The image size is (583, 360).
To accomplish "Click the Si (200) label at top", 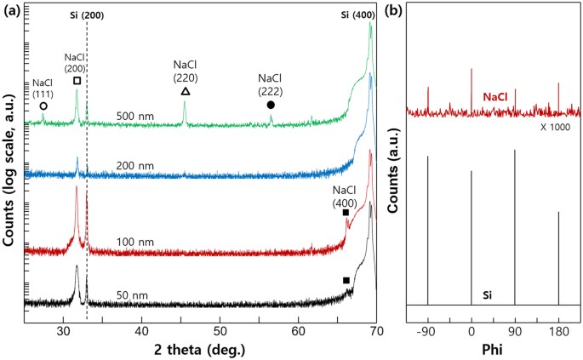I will [87, 15].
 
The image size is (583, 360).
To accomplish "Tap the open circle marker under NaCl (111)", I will [43, 106].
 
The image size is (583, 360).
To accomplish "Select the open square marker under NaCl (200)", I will [77, 81].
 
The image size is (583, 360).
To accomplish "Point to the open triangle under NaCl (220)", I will [186, 91].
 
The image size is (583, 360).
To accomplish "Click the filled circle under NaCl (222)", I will [271, 105].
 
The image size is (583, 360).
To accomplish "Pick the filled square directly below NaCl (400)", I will [346, 213].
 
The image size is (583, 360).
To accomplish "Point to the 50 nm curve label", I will [131, 294].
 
